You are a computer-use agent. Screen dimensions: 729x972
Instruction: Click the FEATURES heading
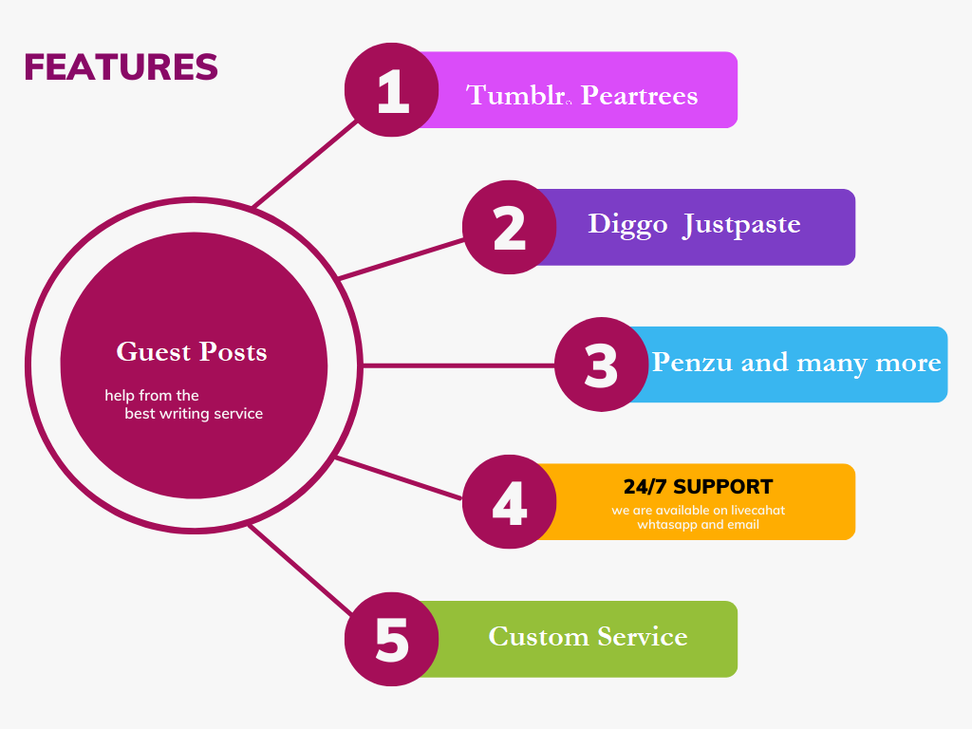(x=121, y=67)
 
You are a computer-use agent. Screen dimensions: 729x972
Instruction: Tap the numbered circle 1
(x=392, y=90)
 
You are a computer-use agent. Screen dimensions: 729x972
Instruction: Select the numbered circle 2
(x=510, y=228)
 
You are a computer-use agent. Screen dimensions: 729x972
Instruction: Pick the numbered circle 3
(x=601, y=364)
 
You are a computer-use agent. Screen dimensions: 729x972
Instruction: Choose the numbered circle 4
(x=510, y=502)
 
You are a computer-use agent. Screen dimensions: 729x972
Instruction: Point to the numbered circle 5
(x=392, y=639)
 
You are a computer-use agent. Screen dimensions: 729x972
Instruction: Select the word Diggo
(x=626, y=224)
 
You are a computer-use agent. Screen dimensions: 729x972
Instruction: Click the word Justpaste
(x=741, y=224)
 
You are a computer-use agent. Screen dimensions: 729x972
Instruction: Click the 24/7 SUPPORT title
(x=698, y=487)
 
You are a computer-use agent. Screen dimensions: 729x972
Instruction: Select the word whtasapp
(x=666, y=524)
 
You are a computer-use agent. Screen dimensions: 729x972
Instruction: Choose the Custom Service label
(x=588, y=636)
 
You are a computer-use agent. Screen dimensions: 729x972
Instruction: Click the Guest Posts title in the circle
(x=192, y=352)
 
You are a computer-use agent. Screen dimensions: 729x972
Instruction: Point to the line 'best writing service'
(x=194, y=414)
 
